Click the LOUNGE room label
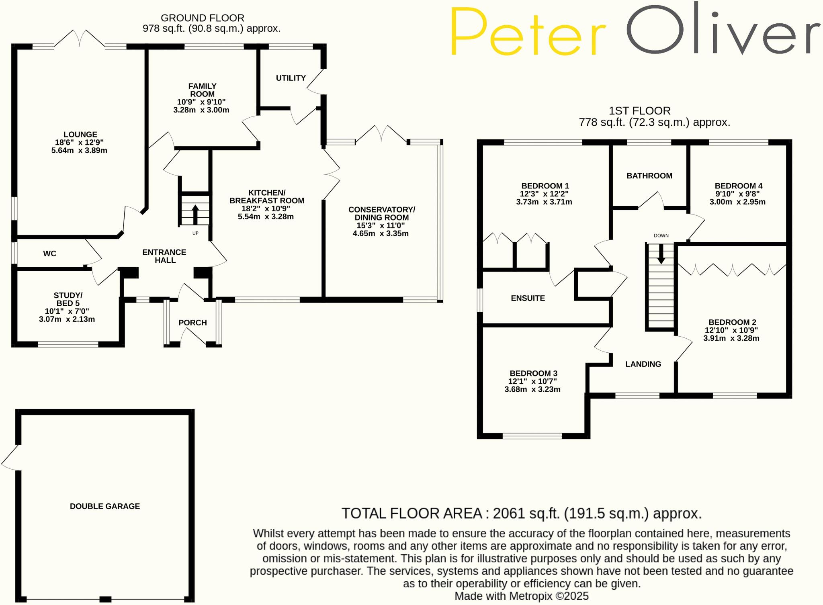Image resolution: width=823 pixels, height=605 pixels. pos(80,135)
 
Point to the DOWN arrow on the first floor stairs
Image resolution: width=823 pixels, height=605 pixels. pos(661,255)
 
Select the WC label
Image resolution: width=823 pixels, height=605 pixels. pos(49,253)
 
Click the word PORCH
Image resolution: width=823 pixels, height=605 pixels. pos(192,323)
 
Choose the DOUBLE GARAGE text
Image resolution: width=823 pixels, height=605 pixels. pos(105,506)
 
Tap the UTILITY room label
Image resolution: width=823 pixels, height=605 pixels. pos(291,78)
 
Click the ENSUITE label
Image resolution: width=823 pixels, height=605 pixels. pos(528,298)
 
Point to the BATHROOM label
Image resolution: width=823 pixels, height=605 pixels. pos(649,176)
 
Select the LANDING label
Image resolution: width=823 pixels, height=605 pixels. pos(643,364)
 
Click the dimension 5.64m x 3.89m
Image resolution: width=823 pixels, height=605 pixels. pos(79,151)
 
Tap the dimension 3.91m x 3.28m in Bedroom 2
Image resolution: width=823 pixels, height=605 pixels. pos(731,338)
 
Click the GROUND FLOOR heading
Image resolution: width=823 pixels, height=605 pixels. pos(202,18)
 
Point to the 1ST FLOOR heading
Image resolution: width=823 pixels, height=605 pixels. pos(639,111)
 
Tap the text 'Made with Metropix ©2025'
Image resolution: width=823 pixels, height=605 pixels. pos(521,596)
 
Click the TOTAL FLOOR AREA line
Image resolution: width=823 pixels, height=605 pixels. pos(521,513)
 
